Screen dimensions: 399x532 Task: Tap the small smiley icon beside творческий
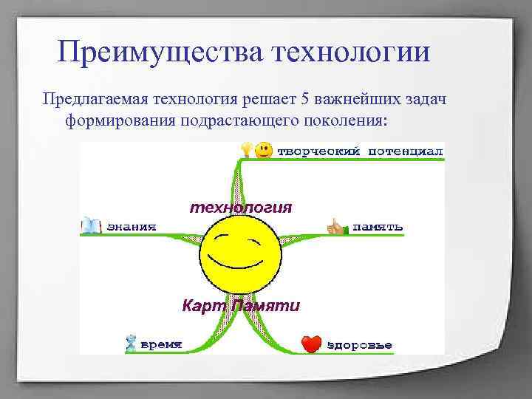tap(262, 151)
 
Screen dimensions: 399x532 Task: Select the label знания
tap(132, 226)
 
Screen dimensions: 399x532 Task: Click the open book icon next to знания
tap(91, 225)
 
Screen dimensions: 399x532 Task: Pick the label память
tap(377, 226)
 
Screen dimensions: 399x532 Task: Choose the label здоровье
tap(360, 345)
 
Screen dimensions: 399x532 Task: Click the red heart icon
tap(313, 344)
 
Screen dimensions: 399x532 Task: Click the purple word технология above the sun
tap(241, 207)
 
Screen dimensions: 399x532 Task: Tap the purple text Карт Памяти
tap(241, 306)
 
